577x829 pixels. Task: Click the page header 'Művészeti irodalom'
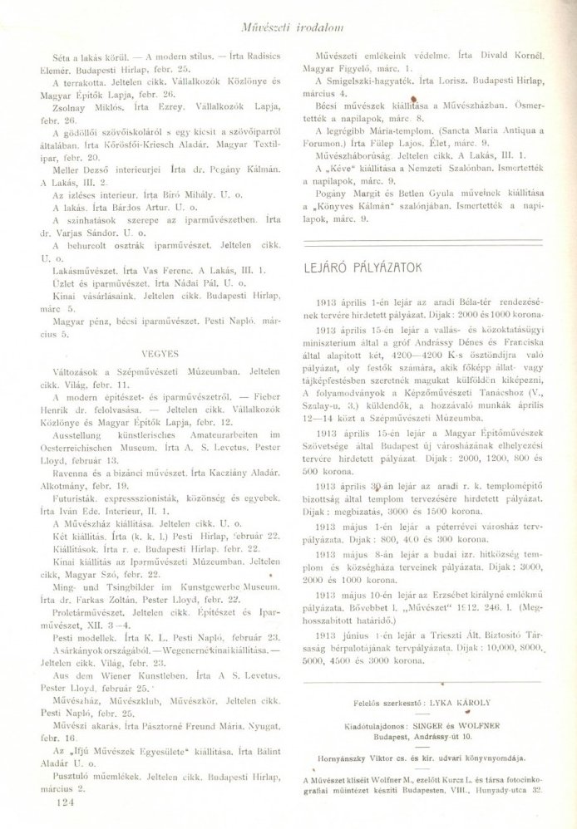(287, 11)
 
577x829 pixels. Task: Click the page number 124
(63, 802)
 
